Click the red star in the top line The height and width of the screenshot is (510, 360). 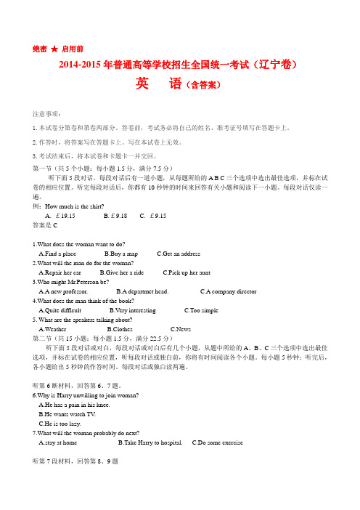click(x=53, y=49)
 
